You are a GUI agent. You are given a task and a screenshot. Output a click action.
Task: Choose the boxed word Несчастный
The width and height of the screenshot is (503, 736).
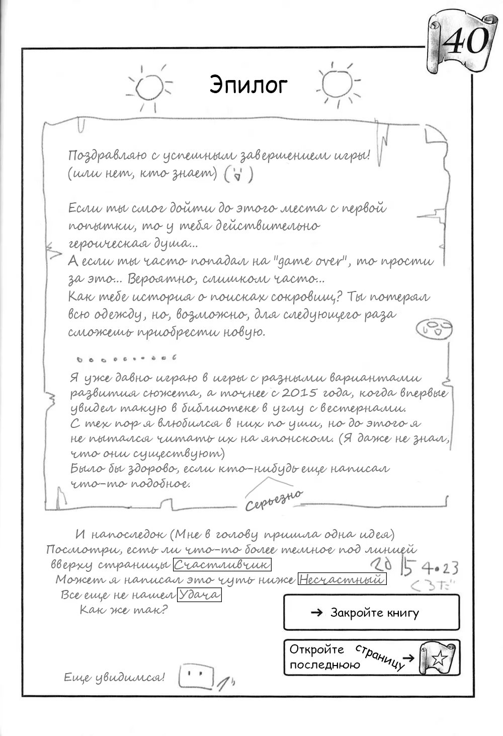342,579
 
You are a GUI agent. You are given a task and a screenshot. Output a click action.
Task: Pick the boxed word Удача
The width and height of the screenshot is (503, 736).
199,595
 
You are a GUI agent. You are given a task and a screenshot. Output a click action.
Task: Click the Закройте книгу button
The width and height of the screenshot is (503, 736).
372,613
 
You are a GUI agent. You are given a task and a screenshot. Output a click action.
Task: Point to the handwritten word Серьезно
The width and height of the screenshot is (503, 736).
274,499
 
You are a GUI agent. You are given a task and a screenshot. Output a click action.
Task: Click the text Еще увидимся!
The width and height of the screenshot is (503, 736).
114,678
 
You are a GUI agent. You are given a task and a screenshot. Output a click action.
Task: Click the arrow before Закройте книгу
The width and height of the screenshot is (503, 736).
317,613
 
